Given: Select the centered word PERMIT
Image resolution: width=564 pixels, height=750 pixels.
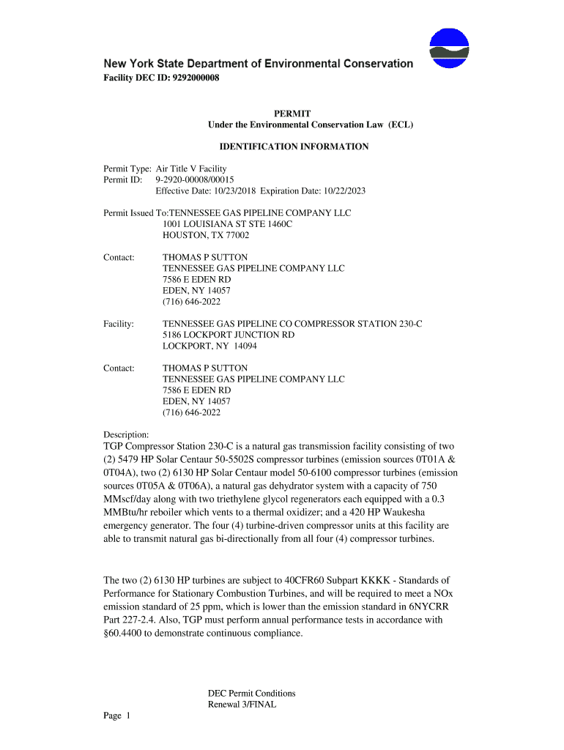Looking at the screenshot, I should pos(292,114).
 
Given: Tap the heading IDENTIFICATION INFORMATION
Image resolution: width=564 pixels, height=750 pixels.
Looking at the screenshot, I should pos(294,146).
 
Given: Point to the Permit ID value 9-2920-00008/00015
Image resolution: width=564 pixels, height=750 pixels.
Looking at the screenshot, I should pos(195,180).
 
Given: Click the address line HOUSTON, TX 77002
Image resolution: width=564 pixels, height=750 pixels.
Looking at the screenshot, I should pos(206,236).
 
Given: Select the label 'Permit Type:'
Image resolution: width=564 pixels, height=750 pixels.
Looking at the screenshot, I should pos(127,169).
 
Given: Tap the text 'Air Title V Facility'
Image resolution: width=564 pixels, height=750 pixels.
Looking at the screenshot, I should pos(191,169).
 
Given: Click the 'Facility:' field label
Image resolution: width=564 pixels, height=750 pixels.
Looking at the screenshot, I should pos(119,324).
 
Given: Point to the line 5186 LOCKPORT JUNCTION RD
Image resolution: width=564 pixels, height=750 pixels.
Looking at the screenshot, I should pos(229,335).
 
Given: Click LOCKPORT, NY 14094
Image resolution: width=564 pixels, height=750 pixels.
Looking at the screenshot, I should pos(209,346).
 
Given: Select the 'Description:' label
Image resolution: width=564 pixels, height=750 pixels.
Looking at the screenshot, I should pos(127,435).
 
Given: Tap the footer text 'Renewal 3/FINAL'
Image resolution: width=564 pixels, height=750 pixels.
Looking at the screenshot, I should pos(242,705).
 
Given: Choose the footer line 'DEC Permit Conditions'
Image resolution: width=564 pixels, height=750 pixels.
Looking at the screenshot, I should pos(251,694).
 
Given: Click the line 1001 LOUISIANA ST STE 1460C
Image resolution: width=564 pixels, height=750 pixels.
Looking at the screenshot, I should pos(227,224).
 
